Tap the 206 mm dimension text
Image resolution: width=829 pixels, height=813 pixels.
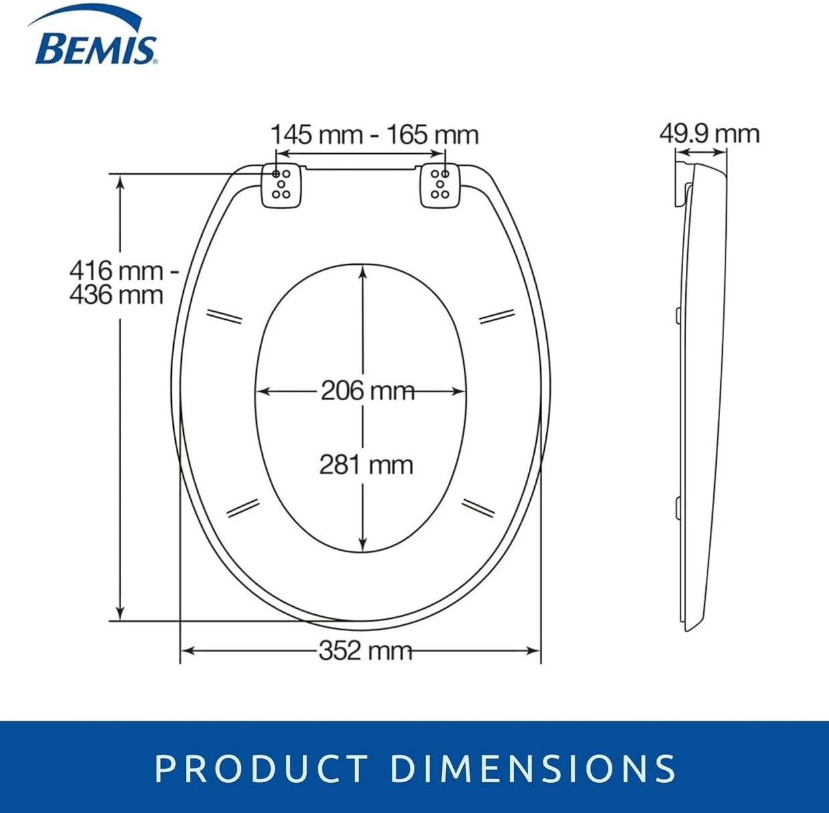coord(368,391)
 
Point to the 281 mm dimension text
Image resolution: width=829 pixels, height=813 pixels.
coord(366,465)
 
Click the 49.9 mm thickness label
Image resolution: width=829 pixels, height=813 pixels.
coord(709,134)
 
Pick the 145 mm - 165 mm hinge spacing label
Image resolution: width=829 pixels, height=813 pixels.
coord(374,134)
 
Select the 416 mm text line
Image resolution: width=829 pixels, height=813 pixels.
coord(124,271)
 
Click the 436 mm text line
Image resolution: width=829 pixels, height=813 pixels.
coord(116,295)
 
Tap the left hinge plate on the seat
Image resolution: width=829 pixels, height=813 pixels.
coord(281,185)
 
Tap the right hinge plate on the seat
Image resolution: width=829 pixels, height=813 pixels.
coord(440,185)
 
